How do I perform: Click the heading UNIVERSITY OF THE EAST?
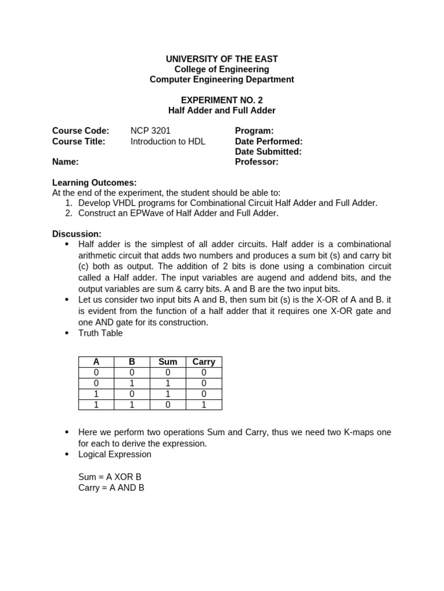[x=221, y=59]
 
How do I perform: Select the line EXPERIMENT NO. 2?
[x=221, y=100]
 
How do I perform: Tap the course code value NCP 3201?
[x=150, y=131]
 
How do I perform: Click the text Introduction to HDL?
[x=168, y=141]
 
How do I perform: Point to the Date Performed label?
[x=268, y=141]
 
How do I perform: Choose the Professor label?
[x=256, y=162]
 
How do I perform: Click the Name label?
[x=65, y=162]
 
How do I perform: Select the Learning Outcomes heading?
[x=94, y=182]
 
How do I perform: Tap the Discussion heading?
[x=76, y=234]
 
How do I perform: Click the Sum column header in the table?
[x=168, y=362]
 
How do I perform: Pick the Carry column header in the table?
[x=203, y=362]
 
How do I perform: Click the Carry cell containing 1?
[x=203, y=405]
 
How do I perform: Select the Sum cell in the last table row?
[x=168, y=405]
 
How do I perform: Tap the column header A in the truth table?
[x=96, y=362]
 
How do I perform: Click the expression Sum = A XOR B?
[x=110, y=477]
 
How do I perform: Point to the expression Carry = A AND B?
[x=111, y=488]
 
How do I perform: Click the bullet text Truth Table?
[x=101, y=333]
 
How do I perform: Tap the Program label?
[x=254, y=131]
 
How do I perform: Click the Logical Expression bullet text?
[x=114, y=454]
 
